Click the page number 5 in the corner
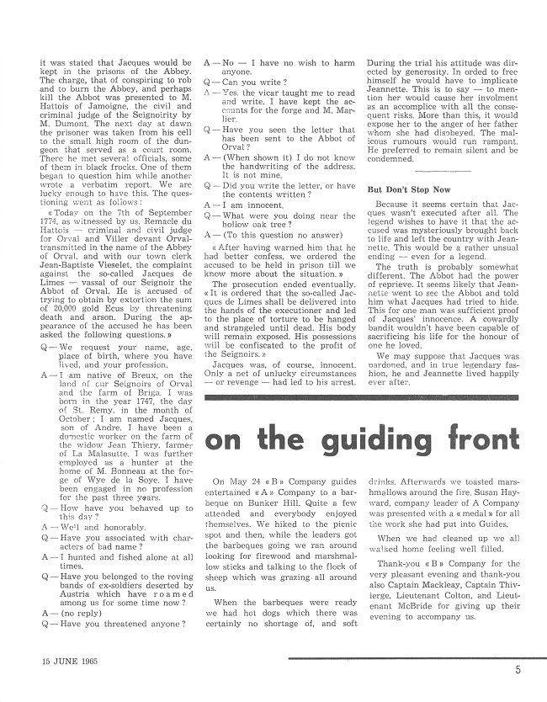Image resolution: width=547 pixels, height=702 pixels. (528, 671)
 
